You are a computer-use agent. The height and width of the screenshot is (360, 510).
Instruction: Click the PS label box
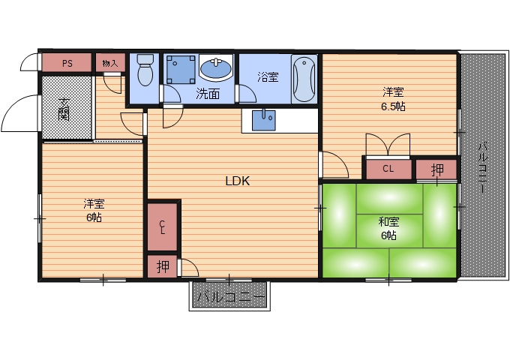click(67, 62)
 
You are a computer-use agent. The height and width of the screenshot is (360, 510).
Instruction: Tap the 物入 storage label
click(110, 63)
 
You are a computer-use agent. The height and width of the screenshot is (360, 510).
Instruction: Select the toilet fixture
click(145, 70)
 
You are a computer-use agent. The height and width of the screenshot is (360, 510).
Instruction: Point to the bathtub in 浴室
click(304, 79)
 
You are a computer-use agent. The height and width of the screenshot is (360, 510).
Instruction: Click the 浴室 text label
click(268, 77)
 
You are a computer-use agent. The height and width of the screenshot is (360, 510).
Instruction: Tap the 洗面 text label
click(208, 94)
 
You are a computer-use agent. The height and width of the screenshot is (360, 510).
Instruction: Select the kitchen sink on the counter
click(264, 120)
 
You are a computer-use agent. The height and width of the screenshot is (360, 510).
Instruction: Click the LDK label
click(238, 181)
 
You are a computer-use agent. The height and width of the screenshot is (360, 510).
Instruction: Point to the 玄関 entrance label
click(64, 109)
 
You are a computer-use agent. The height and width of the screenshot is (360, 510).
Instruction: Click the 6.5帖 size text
click(393, 106)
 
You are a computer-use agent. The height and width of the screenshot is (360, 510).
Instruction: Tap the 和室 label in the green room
click(388, 222)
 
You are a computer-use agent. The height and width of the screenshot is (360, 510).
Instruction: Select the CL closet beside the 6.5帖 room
click(388, 169)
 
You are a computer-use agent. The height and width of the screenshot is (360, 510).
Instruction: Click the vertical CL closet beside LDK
click(163, 227)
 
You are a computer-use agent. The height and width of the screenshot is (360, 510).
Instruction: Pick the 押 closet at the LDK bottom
click(163, 267)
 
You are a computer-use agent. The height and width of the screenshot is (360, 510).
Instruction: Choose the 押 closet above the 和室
click(436, 169)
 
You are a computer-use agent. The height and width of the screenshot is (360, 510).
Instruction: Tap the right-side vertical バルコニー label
click(484, 168)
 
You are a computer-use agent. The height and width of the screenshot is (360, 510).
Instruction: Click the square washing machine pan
click(181, 69)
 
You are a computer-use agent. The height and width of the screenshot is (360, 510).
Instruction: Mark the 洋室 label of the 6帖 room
click(94, 204)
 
